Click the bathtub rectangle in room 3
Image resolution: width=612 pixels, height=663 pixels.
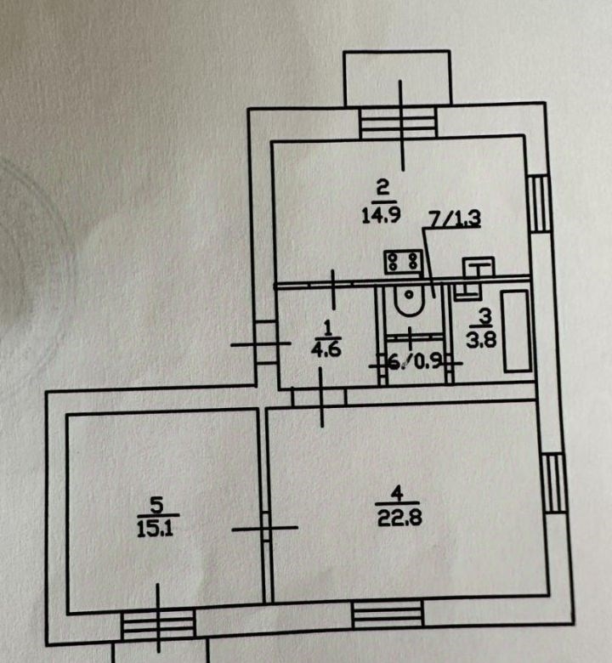(x=515, y=331)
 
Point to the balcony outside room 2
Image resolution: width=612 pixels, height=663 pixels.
(x=396, y=79)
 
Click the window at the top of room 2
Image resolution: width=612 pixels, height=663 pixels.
(x=396, y=124)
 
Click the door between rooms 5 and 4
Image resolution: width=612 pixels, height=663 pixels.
(x=264, y=528)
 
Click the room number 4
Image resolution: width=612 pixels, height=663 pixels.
(x=394, y=491)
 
